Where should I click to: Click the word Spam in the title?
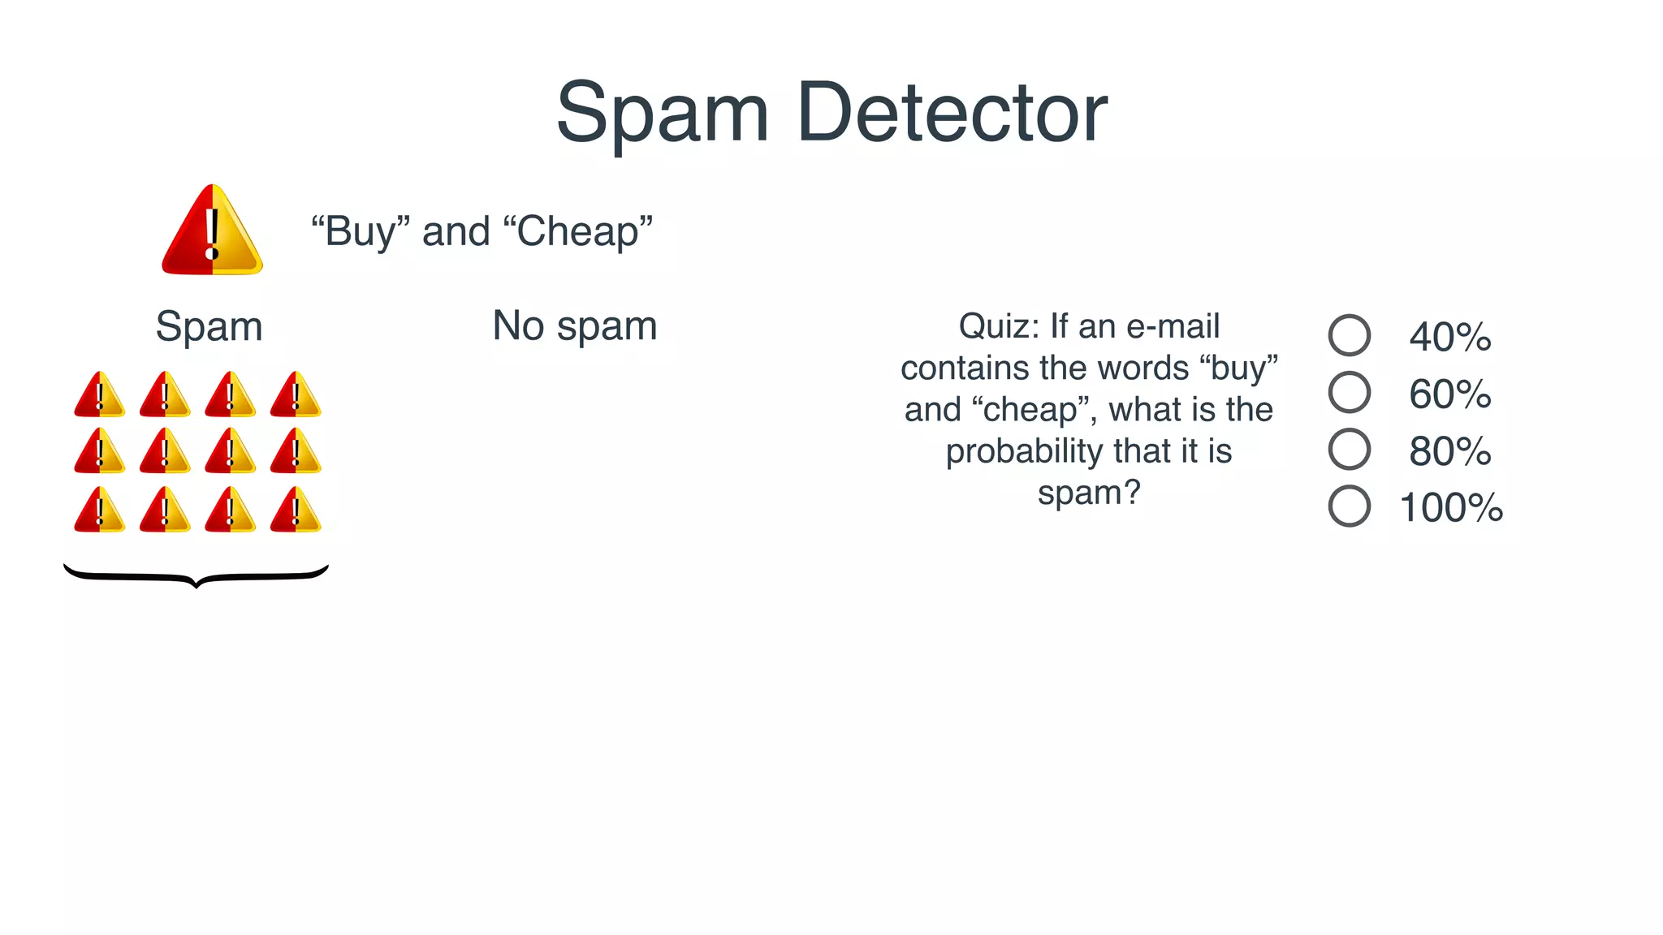coord(662,114)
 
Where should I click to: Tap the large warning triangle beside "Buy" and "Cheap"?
coord(212,232)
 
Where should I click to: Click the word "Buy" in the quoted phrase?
coord(360,232)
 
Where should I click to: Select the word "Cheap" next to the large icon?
coord(578,232)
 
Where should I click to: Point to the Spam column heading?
coord(209,327)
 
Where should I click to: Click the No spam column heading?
coord(575,326)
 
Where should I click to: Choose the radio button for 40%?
coord(1349,335)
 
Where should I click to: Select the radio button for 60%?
coord(1349,392)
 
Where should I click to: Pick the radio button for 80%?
coord(1349,449)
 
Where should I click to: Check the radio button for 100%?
coord(1349,506)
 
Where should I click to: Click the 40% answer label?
coord(1450,337)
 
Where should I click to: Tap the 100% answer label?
coord(1451,508)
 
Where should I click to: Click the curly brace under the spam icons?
coord(196,575)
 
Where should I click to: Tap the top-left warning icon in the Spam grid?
coord(99,395)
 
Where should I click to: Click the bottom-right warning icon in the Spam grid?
coord(296,511)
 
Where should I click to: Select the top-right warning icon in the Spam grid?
coord(296,395)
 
